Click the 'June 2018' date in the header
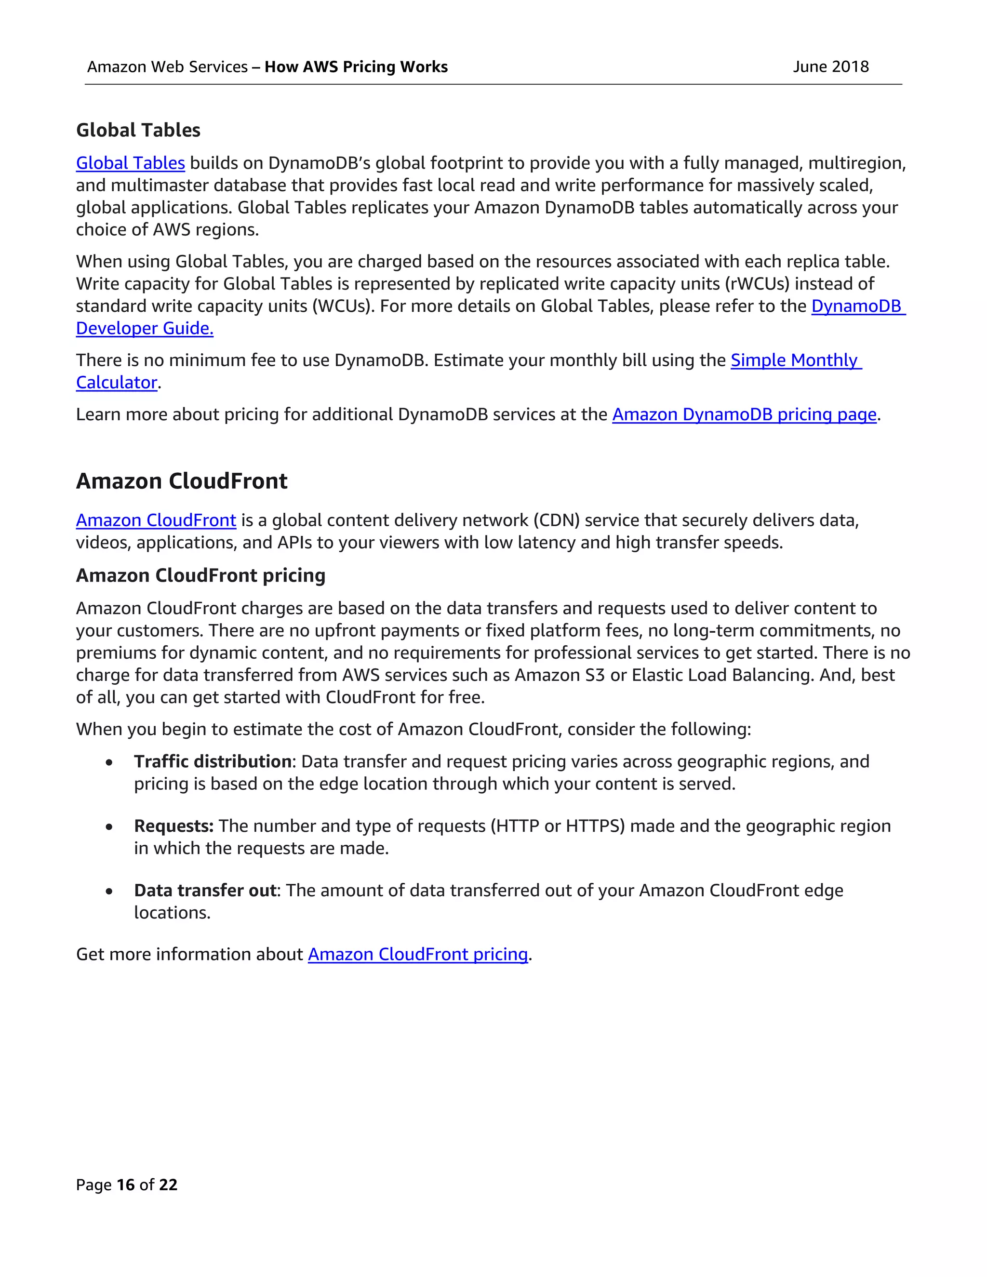pos(830,67)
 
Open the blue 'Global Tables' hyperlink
pos(131,163)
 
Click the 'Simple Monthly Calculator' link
pos(795,360)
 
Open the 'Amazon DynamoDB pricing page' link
pos(744,414)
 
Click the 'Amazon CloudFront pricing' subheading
pos(200,575)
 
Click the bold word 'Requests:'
pos(173,825)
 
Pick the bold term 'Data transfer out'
pos(205,890)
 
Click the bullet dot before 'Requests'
pos(109,827)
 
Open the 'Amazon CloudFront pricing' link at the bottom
pos(417,954)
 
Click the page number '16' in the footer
pos(126,1184)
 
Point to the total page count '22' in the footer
pos(168,1184)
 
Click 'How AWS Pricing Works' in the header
pos(356,67)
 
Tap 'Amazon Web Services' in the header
pos(167,67)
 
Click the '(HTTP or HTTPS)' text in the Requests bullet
pos(557,825)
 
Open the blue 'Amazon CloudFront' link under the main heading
pos(156,520)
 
